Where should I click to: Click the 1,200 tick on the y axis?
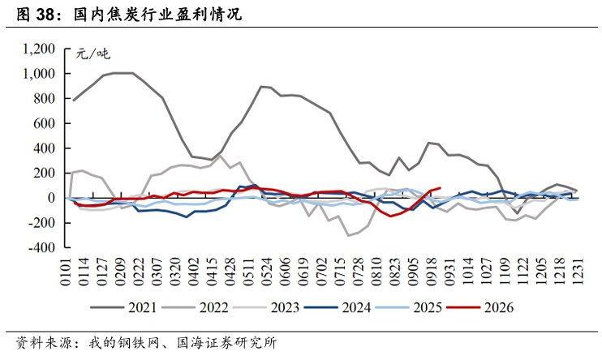coord(39,49)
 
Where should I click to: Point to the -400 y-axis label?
coord(41,247)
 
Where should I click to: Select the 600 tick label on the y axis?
coord(45,123)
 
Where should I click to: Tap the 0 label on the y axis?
coord(51,198)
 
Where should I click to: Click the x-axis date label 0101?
coord(66,272)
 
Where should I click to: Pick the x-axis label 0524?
coord(266,272)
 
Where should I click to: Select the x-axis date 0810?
coord(376,272)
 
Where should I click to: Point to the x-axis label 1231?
coord(578,272)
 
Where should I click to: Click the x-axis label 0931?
coord(449,272)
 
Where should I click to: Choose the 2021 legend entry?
coord(123,307)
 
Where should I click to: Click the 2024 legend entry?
coord(338,307)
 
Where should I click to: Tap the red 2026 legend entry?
coord(480,307)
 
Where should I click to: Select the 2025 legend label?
coord(428,307)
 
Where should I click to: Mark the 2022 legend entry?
coord(195,307)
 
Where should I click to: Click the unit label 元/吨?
coord(92,54)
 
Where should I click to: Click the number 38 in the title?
coord(45,15)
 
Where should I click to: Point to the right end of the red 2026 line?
coord(440,188)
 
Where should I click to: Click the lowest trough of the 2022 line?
coord(348,236)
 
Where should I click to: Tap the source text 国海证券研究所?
coord(227,343)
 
